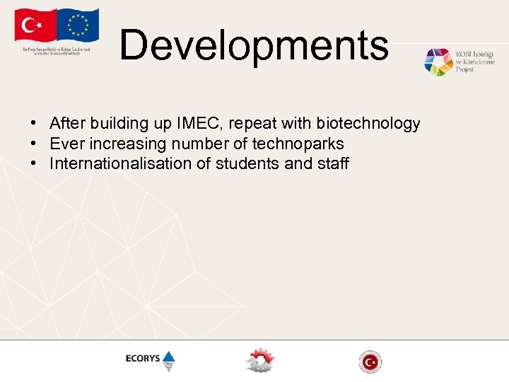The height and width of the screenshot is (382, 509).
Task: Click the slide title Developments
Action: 254,45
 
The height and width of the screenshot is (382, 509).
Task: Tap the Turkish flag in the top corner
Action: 33,26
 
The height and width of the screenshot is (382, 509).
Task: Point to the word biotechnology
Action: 368,124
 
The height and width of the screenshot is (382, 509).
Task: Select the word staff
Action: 332,163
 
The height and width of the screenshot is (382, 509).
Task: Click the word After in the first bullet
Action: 65,124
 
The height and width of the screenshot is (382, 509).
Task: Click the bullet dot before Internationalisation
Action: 34,163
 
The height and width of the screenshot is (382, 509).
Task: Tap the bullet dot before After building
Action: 34,124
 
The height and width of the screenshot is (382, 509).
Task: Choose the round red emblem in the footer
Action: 370,361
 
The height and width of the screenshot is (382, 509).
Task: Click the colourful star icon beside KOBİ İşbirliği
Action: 438,62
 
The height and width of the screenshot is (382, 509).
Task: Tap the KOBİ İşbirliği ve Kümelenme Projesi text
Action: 475,62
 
